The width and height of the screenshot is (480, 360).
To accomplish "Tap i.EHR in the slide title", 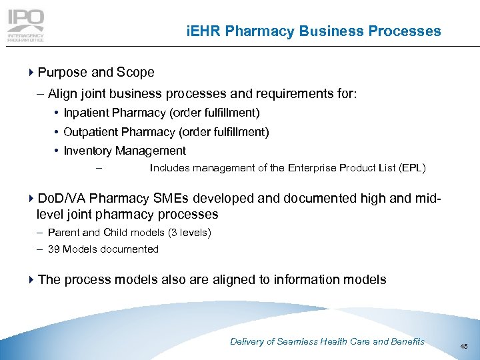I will (204, 31).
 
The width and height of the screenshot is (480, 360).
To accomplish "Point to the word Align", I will (63, 94).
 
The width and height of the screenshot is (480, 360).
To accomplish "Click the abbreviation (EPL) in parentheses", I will (411, 168).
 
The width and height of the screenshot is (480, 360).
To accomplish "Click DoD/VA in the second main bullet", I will (62, 198).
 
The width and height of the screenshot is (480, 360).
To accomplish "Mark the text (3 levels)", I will (189, 232).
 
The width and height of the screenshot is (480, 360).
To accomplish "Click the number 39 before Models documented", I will (54, 249).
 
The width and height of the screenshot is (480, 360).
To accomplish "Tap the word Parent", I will (64, 232).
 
